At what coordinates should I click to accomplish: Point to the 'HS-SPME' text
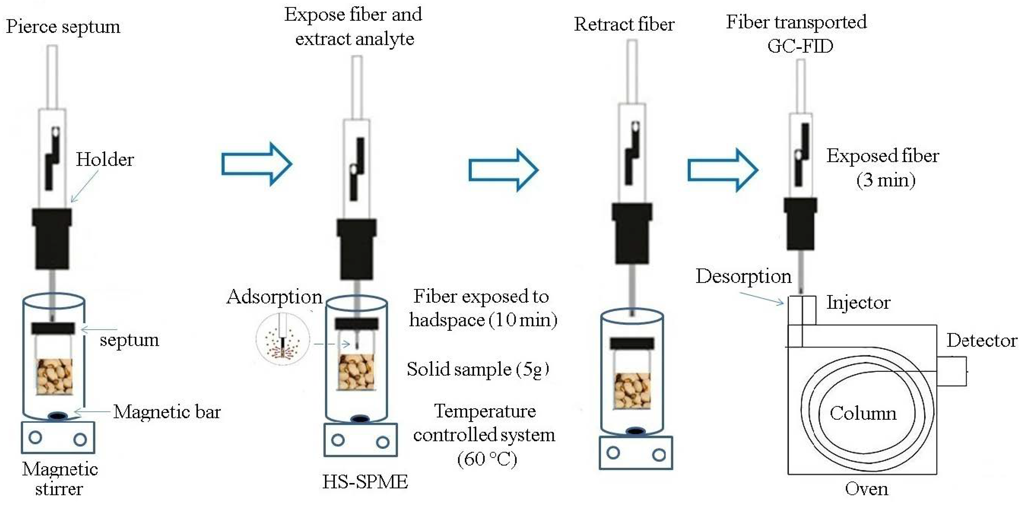coord(365,482)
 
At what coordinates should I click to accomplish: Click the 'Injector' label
coord(858,303)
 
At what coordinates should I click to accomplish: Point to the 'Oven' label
coord(866,489)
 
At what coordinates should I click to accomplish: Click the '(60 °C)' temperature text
coord(487,459)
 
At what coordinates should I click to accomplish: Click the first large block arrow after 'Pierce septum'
coord(256,164)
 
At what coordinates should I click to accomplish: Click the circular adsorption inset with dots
coord(283,339)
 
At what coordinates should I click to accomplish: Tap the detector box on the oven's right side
coord(952,371)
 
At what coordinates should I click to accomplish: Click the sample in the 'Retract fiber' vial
coord(632,391)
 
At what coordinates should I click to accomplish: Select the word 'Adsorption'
coord(274,297)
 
